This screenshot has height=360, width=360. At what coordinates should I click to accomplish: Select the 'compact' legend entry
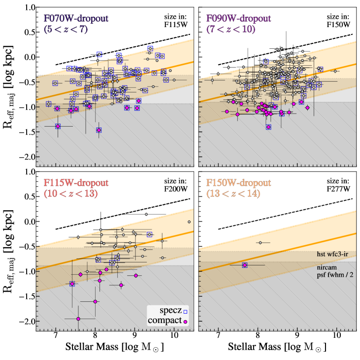(163, 321)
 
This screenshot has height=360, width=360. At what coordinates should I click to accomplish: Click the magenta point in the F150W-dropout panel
(245, 265)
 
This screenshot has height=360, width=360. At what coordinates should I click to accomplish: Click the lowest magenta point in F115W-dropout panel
(78, 319)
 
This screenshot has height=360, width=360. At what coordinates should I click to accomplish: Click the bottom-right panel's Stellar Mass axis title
(277, 348)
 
